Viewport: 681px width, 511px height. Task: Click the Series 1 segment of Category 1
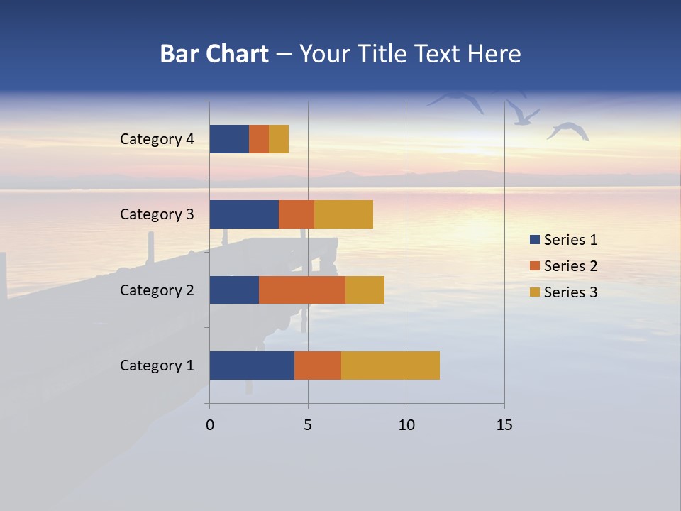click(x=252, y=366)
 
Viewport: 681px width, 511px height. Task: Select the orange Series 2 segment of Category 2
click(x=302, y=290)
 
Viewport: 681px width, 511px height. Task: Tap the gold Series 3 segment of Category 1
click(x=390, y=366)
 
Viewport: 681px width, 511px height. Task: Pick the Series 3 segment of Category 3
click(x=343, y=214)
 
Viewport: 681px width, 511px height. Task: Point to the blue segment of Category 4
click(x=229, y=139)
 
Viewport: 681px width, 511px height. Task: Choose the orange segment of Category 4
click(x=259, y=139)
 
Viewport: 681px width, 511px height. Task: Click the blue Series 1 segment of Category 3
click(x=244, y=214)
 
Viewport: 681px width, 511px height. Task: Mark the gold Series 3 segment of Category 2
click(x=365, y=290)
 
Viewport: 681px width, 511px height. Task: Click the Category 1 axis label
click(x=157, y=366)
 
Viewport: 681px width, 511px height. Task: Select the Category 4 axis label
click(x=157, y=139)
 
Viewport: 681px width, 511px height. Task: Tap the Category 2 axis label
click(x=157, y=290)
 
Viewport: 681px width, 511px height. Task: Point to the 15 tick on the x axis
click(x=504, y=425)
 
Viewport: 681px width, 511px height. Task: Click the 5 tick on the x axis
click(x=308, y=425)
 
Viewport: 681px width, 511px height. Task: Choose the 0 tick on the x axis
click(x=210, y=425)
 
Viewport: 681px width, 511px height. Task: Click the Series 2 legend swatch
click(x=534, y=266)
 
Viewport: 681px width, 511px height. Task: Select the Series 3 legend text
click(x=570, y=292)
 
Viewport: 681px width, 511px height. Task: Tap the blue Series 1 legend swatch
click(x=534, y=240)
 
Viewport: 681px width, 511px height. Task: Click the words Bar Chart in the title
click(x=214, y=54)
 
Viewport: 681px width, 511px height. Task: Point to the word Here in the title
click(x=492, y=54)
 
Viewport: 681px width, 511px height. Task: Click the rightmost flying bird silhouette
click(x=568, y=131)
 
